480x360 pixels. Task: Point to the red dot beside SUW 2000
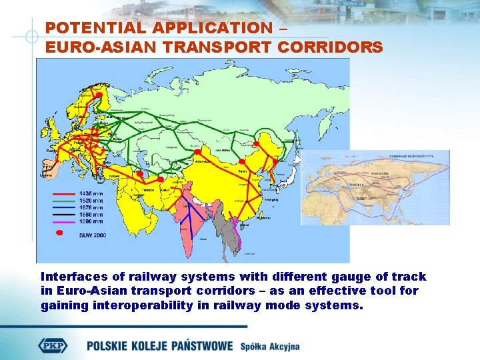click(x=59, y=233)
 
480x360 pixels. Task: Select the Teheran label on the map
click(x=147, y=190)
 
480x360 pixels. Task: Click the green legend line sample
click(x=64, y=201)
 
